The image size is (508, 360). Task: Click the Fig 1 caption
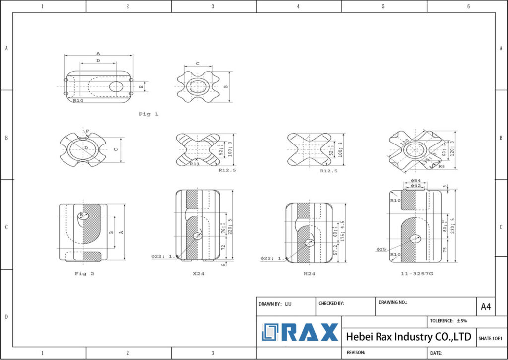click(x=148, y=114)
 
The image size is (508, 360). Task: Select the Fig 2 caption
click(x=84, y=273)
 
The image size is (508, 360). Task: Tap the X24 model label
click(x=198, y=273)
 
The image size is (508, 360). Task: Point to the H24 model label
click(x=309, y=273)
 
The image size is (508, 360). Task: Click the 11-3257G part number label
click(x=417, y=273)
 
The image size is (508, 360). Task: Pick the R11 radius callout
click(x=195, y=164)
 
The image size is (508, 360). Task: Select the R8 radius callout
click(x=442, y=166)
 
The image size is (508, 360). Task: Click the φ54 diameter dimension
click(x=416, y=180)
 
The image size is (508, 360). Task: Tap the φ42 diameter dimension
click(x=415, y=186)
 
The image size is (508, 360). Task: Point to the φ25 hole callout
click(x=381, y=249)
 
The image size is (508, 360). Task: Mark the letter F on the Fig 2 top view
click(x=87, y=131)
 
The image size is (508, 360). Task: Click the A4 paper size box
click(x=486, y=307)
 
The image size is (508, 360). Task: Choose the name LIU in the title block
click(x=288, y=304)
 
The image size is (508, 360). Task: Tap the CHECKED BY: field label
click(x=331, y=304)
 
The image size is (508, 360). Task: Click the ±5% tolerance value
click(x=462, y=321)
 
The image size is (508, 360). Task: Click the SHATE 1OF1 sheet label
click(x=490, y=338)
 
